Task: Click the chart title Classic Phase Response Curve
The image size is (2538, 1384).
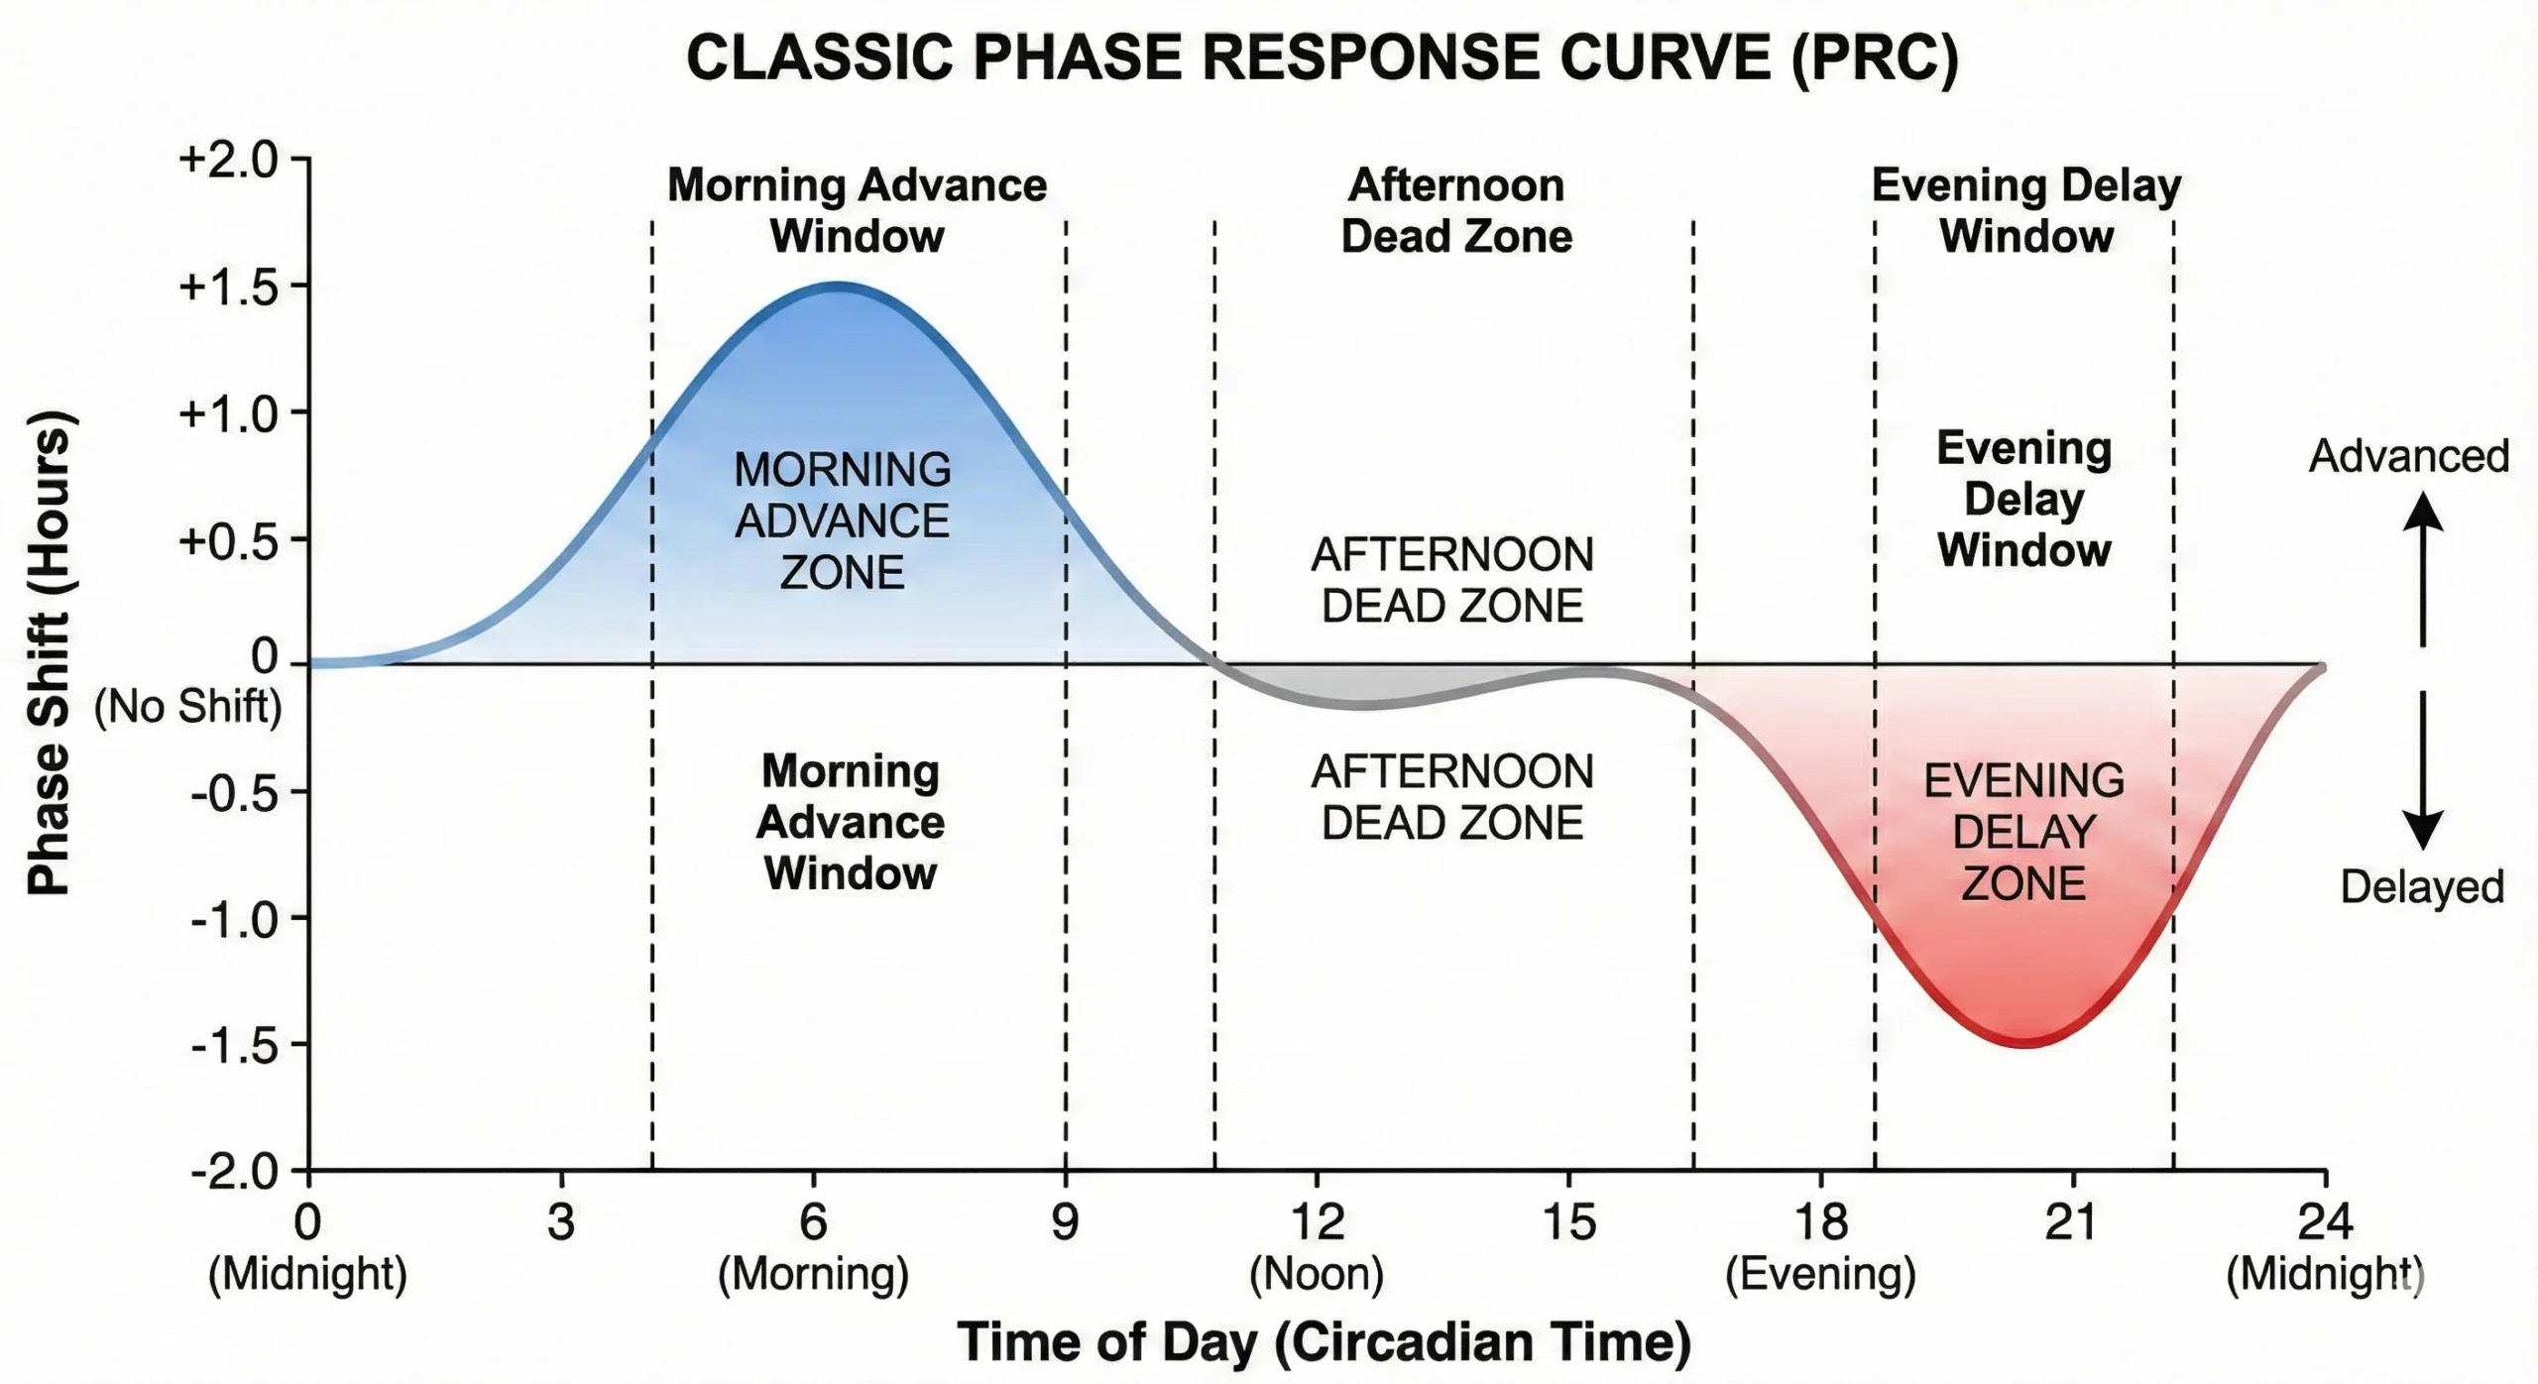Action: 1322,58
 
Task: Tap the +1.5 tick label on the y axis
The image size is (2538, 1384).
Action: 228,288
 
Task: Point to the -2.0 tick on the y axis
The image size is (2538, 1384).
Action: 234,1173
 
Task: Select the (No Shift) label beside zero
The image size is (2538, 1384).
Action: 187,707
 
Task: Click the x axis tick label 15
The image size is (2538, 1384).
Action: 1568,1222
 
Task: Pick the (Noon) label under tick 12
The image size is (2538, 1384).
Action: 1316,1274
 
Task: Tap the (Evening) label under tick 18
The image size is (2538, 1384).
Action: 1820,1274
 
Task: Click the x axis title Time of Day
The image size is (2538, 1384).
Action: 1324,1342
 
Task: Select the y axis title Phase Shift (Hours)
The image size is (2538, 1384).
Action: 49,654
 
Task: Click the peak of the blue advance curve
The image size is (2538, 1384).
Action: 838,288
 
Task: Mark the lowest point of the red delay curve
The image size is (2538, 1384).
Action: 2024,1043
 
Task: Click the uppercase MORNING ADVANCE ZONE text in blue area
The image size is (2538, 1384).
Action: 842,520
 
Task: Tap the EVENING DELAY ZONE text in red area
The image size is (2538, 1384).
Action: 2023,832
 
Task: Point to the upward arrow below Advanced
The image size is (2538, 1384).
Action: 2422,570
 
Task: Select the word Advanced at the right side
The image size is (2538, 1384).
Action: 2408,456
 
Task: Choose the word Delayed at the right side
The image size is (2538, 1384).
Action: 2421,886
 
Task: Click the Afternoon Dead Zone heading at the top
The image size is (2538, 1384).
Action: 1455,211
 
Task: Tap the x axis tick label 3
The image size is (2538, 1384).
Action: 561,1222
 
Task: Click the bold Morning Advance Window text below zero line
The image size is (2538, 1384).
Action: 850,822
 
